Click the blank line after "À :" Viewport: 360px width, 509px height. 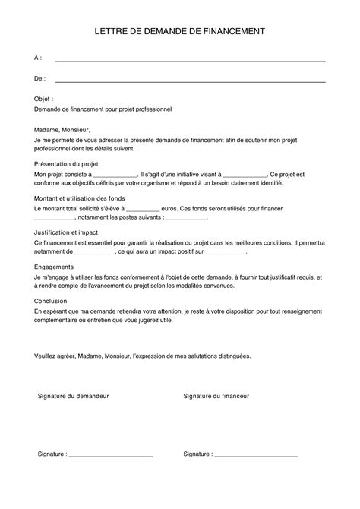pyautogui.click(x=190, y=59)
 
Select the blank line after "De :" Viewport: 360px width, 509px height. pyautogui.click(x=190, y=79)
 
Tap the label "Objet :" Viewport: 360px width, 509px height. pyautogui.click(x=45, y=99)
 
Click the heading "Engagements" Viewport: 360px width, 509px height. pyautogui.click(x=54, y=267)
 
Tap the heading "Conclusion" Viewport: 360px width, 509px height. pyautogui.click(x=51, y=301)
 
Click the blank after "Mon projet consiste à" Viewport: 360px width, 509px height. pyautogui.click(x=114, y=175)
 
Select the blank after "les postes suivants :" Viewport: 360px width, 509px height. pyautogui.click(x=186, y=218)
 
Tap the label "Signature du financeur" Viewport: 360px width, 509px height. pyautogui.click(x=216, y=396)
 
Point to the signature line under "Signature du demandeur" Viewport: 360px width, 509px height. pyautogui.click(x=111, y=455)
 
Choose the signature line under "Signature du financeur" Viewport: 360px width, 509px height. pyautogui.click(x=257, y=455)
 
